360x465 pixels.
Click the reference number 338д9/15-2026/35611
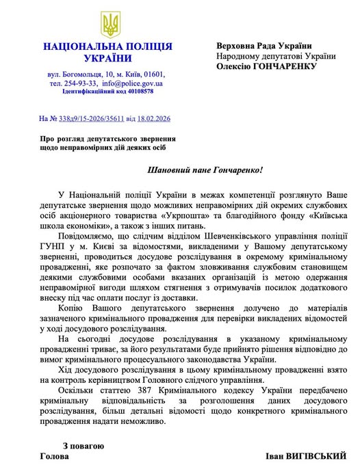[x=89, y=119]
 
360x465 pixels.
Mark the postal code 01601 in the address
[x=151, y=72]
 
